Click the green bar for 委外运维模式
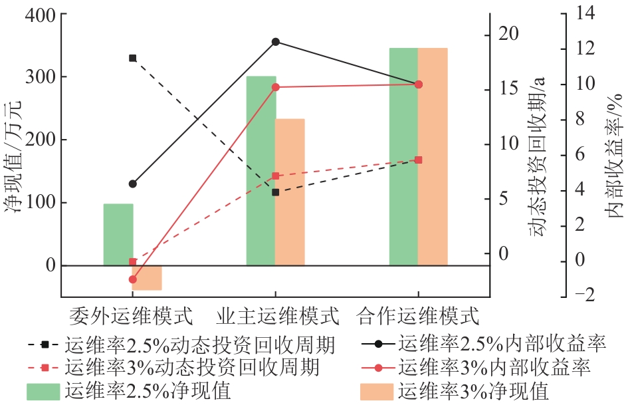[x=118, y=234]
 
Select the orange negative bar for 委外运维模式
[x=147, y=277]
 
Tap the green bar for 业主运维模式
[x=261, y=170]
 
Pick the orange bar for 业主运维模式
[x=290, y=192]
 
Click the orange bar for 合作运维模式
[x=433, y=156]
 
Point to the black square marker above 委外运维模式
[x=132, y=58]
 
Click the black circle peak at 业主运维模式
[x=276, y=41]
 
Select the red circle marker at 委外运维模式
[x=132, y=279]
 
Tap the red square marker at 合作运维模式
[x=418, y=160]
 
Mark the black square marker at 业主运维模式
[x=276, y=192]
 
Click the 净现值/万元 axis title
[x=15, y=156]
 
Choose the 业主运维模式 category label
[x=277, y=313]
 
